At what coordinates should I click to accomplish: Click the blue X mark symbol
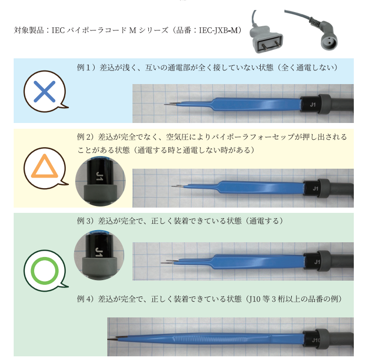[x=44, y=92]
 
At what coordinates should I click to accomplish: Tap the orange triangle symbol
[x=44, y=168]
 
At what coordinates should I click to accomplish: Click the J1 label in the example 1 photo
[x=312, y=105]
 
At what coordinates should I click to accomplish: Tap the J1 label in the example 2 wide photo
[x=315, y=188]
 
